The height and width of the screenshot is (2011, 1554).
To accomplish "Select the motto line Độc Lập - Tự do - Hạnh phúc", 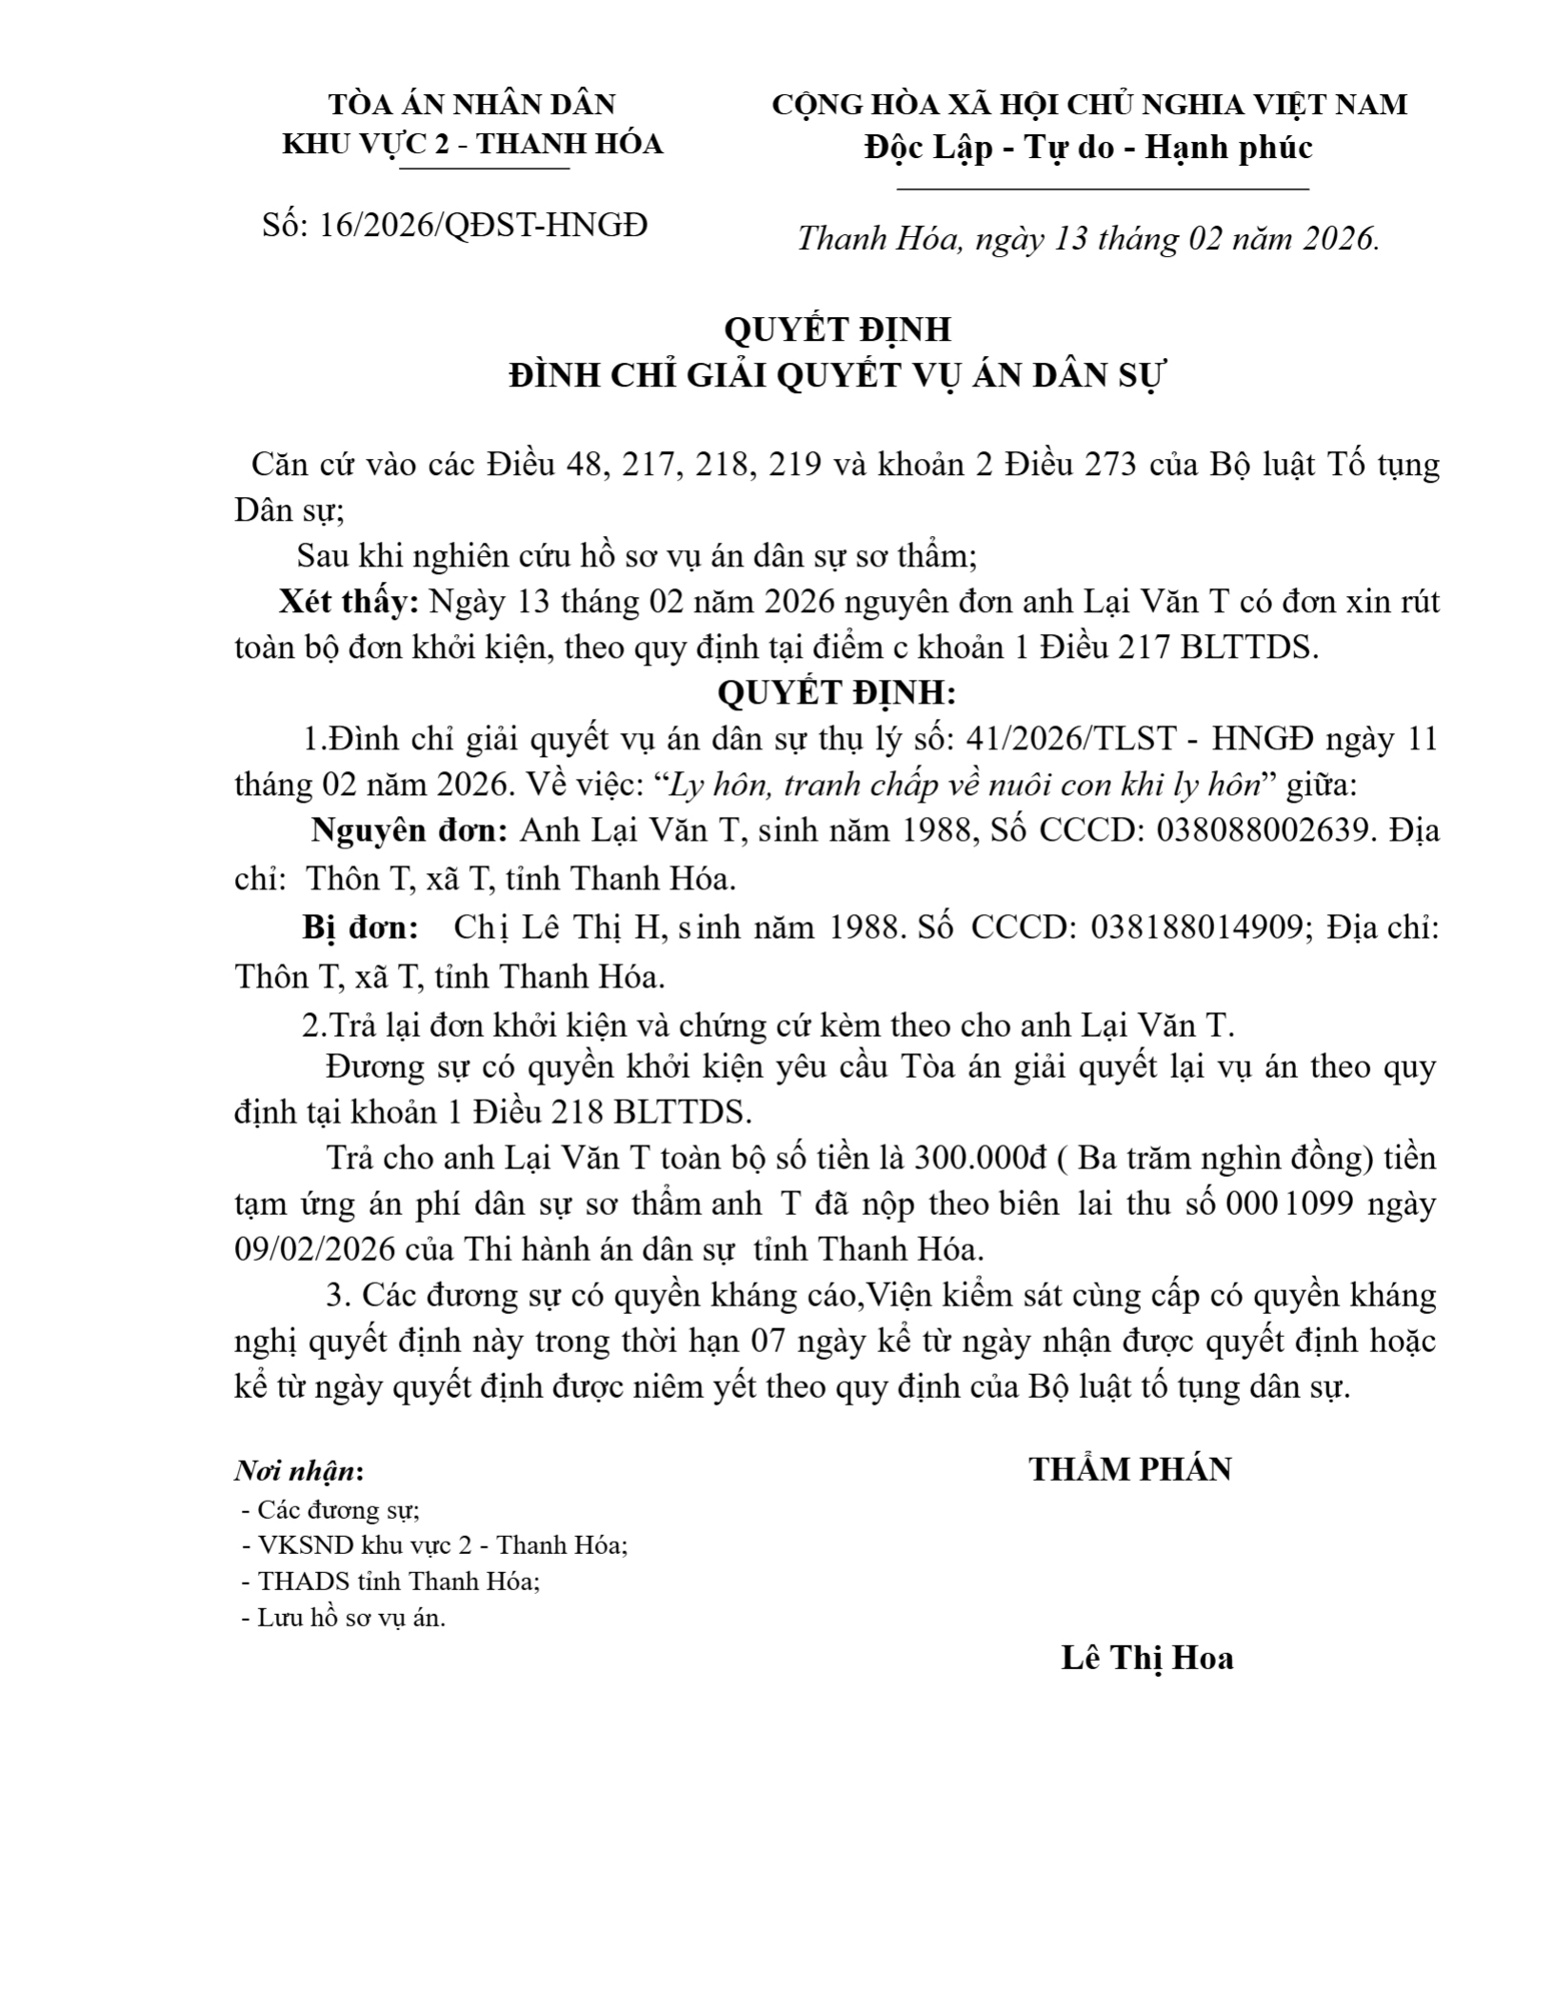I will tap(1088, 147).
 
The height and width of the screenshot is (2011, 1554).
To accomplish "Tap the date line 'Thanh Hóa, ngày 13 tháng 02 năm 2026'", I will tap(1087, 238).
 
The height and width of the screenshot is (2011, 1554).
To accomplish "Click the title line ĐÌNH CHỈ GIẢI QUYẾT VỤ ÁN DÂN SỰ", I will tap(837, 376).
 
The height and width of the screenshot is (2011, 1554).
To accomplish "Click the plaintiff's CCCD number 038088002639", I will tap(1266, 830).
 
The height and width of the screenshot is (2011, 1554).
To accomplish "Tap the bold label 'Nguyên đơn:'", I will tap(409, 830).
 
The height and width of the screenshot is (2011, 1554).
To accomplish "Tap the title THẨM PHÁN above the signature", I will tap(1129, 1469).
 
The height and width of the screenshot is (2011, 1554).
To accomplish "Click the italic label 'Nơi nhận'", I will tap(295, 1471).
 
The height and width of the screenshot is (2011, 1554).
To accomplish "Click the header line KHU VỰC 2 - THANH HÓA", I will tap(472, 144).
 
